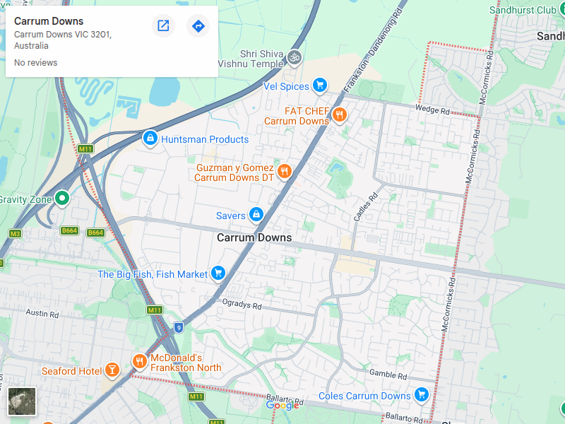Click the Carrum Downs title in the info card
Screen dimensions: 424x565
(x=49, y=21)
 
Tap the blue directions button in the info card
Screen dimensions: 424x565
(x=198, y=26)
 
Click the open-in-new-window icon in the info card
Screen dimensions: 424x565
(x=163, y=26)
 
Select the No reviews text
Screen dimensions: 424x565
(x=35, y=63)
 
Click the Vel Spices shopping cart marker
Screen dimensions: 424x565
(x=320, y=86)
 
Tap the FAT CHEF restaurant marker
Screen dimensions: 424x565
(x=340, y=114)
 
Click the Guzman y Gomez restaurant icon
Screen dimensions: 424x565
(x=285, y=172)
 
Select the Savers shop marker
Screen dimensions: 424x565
(x=256, y=214)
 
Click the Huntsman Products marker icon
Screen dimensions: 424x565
(x=150, y=139)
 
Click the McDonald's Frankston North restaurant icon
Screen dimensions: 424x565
(x=139, y=362)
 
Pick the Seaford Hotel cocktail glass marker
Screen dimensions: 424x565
(x=112, y=370)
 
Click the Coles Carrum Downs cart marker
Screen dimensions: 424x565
(x=422, y=394)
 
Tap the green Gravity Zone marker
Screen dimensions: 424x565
(x=62, y=199)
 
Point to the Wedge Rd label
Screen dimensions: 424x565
(x=432, y=111)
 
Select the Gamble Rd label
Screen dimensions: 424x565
(x=387, y=374)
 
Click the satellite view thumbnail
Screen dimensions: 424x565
(x=21, y=401)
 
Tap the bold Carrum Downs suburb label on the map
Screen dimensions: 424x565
(x=254, y=237)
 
